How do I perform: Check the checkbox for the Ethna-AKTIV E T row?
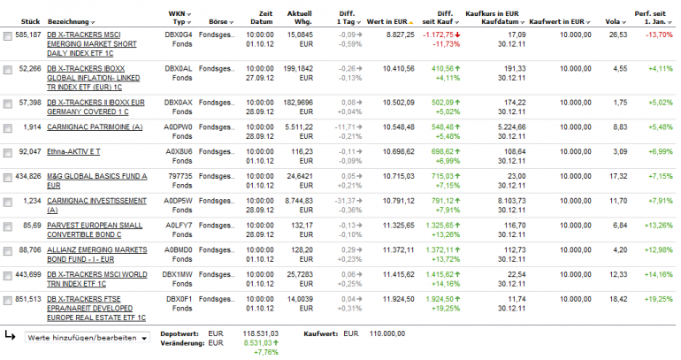tap(8, 152)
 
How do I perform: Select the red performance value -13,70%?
tap(655, 34)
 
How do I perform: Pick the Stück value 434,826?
tap(28, 177)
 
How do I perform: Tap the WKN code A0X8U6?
tap(180, 152)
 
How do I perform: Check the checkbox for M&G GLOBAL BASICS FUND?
tap(8, 177)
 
